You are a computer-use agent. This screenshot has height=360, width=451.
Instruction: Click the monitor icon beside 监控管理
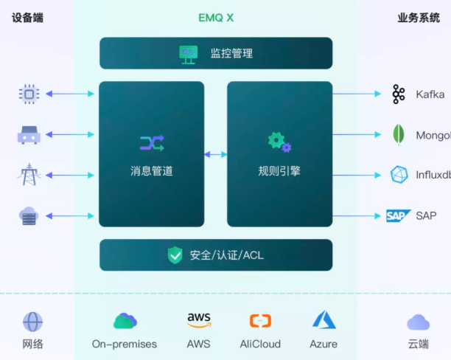point(189,53)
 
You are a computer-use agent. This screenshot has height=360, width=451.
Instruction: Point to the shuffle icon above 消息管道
point(151,142)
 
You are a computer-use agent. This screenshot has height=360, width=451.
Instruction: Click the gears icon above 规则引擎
point(279,141)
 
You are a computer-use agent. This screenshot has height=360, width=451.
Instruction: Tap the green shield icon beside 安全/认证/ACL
point(175,255)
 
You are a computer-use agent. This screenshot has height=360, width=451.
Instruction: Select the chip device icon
point(29,94)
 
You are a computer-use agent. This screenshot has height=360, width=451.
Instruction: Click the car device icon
point(29,135)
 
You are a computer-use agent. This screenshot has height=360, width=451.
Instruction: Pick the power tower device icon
point(29,176)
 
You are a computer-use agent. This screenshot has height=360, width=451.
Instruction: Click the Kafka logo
point(399,94)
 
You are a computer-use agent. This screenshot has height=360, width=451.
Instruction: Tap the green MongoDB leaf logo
point(399,135)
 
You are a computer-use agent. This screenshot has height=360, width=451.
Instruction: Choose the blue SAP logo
point(398,215)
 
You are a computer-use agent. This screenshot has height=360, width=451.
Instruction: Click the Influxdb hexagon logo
point(399,175)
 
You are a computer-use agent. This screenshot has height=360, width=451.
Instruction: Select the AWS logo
point(198,320)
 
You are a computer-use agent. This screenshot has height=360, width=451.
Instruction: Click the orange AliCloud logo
point(260,321)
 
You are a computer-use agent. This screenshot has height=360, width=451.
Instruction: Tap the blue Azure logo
point(324,320)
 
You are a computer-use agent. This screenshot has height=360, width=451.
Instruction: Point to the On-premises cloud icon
point(125,321)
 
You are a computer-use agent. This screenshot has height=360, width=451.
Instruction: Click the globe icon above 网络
point(32,322)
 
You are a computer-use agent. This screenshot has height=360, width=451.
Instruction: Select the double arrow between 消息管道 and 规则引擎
point(215,154)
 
